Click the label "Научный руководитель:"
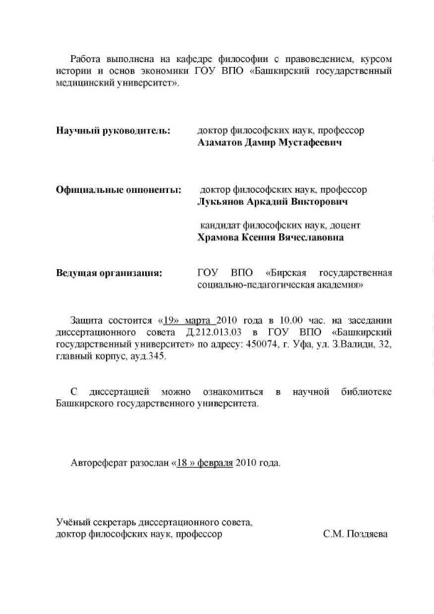(113, 131)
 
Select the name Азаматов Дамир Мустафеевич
(269, 143)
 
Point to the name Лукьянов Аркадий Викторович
(272, 202)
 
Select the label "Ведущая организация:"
(109, 273)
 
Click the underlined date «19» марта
(187, 320)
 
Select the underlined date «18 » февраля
(203, 463)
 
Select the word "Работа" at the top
(87, 59)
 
